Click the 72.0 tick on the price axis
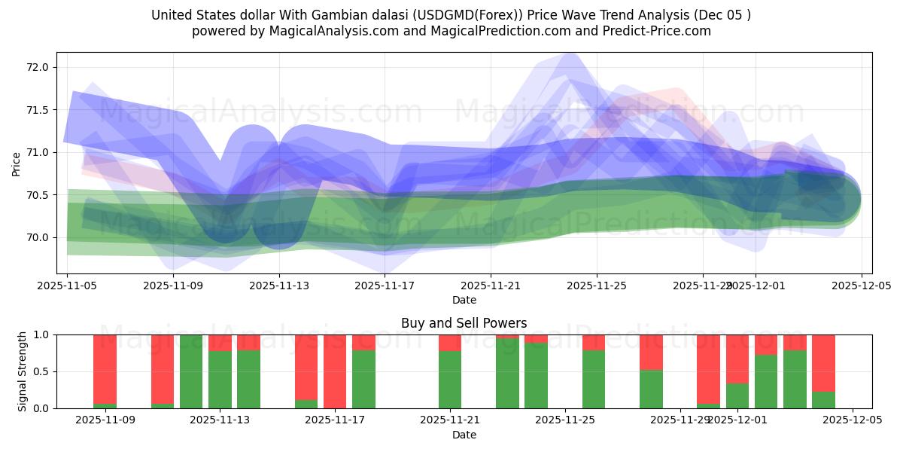(38, 67)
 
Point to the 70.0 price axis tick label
(38, 237)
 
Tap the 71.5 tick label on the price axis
(38, 110)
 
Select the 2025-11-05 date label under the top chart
(68, 286)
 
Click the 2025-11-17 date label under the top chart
(385, 286)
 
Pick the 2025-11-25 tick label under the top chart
(597, 286)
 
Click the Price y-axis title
(17, 163)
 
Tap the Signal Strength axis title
(23, 371)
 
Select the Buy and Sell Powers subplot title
(464, 323)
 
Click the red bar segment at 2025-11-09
(105, 369)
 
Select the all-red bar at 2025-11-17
(335, 371)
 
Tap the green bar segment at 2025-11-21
(450, 380)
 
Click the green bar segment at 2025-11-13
(220, 380)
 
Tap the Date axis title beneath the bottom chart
(464, 435)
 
